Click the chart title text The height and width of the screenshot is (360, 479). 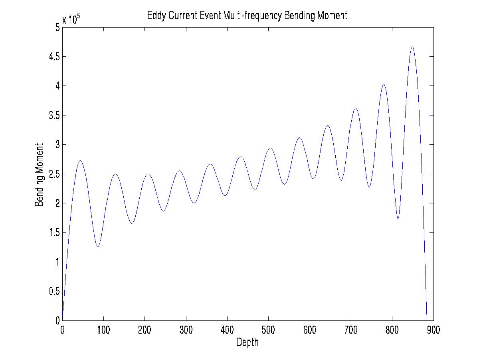(x=247, y=16)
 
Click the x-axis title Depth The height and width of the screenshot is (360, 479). (x=247, y=342)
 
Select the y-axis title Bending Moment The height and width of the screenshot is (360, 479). (x=39, y=174)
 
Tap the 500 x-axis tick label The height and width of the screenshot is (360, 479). (x=268, y=330)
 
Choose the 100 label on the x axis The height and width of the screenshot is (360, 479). (x=103, y=330)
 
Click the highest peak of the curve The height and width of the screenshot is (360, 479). (x=412, y=47)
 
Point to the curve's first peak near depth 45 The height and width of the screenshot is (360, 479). (x=80, y=161)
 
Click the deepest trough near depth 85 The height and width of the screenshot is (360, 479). (x=97, y=246)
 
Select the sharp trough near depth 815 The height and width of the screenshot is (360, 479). (x=398, y=219)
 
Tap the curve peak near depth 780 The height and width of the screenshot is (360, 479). (x=384, y=85)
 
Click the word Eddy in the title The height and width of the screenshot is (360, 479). (x=155, y=16)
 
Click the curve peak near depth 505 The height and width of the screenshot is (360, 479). (x=270, y=148)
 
